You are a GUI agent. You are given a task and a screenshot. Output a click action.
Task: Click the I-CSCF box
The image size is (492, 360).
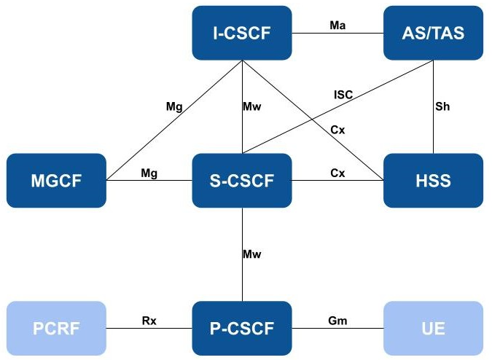pyautogui.click(x=241, y=33)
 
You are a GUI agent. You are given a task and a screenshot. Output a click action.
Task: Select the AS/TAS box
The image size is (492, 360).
pyautogui.click(x=433, y=33)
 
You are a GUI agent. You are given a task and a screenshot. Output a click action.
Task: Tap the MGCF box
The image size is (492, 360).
pyautogui.click(x=56, y=180)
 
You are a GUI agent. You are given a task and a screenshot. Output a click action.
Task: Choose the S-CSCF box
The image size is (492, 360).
pyautogui.click(x=241, y=180)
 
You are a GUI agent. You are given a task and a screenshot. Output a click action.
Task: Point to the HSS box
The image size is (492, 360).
pyautogui.click(x=433, y=180)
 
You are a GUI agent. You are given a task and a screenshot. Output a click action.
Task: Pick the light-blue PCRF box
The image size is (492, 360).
pyautogui.click(x=56, y=328)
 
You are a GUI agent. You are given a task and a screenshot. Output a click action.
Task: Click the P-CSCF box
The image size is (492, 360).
pyautogui.click(x=241, y=328)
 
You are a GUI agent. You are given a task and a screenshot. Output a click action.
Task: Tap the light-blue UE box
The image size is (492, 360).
pyautogui.click(x=433, y=328)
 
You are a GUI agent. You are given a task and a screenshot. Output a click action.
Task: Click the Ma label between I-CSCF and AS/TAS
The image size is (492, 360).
pyautogui.click(x=337, y=25)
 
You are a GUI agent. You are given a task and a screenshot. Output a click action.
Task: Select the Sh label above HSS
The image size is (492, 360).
pyautogui.click(x=443, y=106)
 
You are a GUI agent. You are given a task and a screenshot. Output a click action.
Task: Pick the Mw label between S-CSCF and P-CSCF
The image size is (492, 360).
pyautogui.click(x=252, y=254)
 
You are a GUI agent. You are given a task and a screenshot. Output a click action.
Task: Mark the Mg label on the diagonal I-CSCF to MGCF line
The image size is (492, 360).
pyautogui.click(x=174, y=107)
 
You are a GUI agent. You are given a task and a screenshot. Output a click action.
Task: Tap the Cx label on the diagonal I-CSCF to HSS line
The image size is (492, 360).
pyautogui.click(x=337, y=130)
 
